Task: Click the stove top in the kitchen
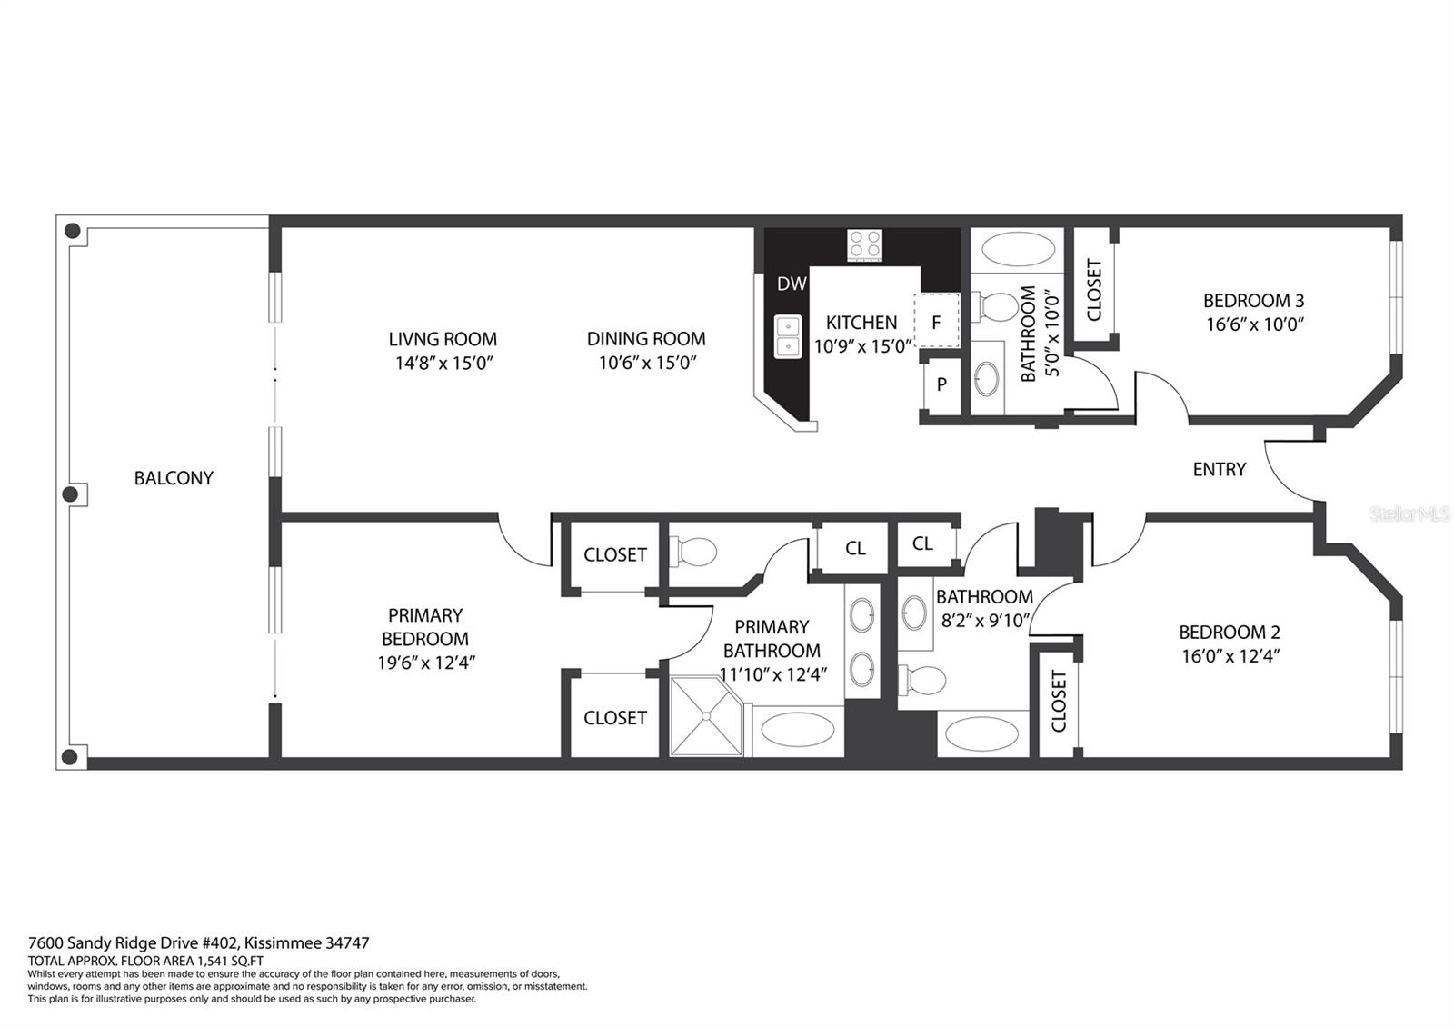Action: [864, 245]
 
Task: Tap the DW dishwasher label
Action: [792, 284]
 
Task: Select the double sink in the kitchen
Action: [788, 336]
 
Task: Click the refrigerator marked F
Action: [936, 322]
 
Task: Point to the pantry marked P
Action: [941, 384]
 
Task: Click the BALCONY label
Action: [174, 478]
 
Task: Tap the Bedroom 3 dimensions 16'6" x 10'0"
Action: [1255, 324]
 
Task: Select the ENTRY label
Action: [1219, 469]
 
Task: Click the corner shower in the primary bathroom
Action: [705, 716]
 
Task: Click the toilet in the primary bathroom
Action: [692, 552]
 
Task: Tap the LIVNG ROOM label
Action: [443, 339]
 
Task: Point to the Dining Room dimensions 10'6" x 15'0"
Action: [647, 363]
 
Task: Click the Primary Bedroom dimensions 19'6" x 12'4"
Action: [426, 663]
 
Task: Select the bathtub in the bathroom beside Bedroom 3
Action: [1018, 249]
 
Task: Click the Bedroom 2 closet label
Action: [1059, 702]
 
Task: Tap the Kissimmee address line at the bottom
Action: [199, 943]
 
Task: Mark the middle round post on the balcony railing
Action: [70, 494]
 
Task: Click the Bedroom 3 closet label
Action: [1094, 290]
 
